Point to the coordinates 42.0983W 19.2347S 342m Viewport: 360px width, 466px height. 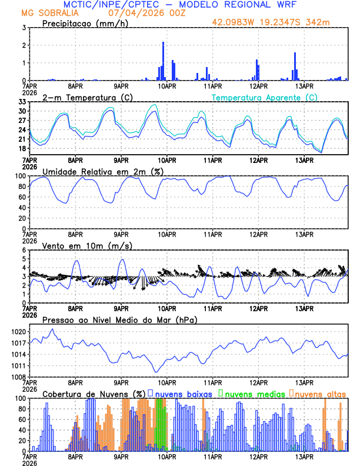point(279,23)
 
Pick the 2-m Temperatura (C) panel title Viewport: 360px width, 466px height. point(86,97)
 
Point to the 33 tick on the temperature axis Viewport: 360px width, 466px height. point(22,102)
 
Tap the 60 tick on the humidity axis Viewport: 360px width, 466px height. point(21,197)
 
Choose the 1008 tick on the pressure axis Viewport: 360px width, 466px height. point(18,377)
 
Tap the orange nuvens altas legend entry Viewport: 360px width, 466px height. point(319,393)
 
